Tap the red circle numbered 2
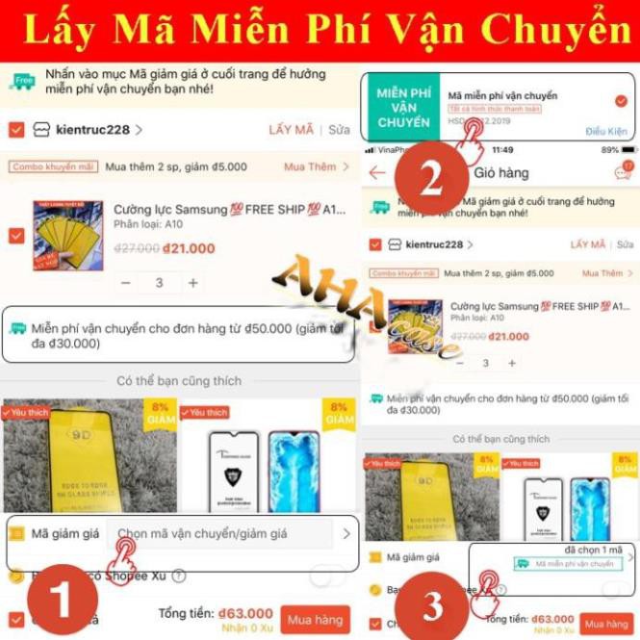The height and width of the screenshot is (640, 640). (x=431, y=178)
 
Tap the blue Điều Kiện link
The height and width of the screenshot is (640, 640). (x=605, y=132)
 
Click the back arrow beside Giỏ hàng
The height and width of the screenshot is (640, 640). (x=376, y=173)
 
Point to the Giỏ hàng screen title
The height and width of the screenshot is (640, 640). (x=500, y=173)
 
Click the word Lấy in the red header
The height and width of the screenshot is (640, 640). (x=57, y=30)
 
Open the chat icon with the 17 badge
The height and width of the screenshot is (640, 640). (x=623, y=172)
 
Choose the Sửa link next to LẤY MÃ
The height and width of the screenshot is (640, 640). (x=339, y=129)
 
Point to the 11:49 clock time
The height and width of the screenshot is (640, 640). (x=502, y=150)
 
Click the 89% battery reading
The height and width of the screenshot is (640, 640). (x=610, y=150)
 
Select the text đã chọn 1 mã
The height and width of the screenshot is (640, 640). (x=593, y=548)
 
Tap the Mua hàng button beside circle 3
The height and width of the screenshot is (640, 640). (x=607, y=622)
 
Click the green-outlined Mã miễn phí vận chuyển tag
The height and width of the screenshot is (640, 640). (x=567, y=564)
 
